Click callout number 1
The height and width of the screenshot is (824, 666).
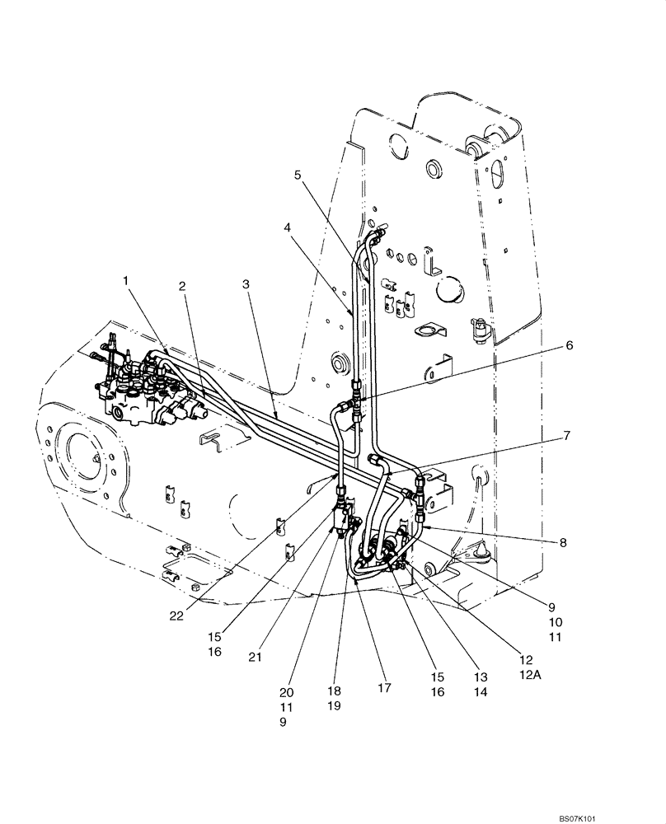coord(126,281)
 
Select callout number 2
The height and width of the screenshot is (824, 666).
coord(181,286)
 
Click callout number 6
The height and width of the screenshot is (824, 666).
coord(569,347)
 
